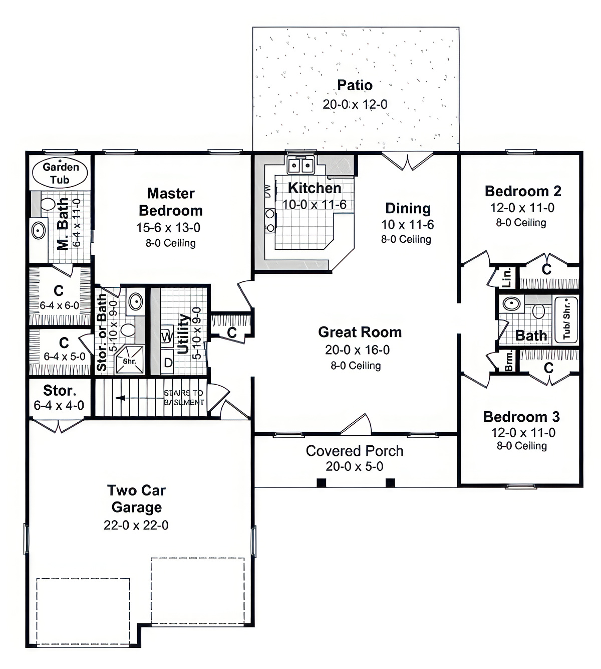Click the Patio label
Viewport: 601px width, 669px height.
[x=355, y=85]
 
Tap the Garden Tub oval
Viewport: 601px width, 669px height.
[x=60, y=173]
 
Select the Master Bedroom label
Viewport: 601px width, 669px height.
[x=171, y=202]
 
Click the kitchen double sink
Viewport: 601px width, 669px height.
[x=300, y=165]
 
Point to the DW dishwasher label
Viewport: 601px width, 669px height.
[x=268, y=191]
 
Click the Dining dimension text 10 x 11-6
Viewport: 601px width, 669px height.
[x=407, y=225]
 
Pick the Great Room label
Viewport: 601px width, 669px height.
[x=360, y=332]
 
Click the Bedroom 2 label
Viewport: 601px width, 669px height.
[x=522, y=191]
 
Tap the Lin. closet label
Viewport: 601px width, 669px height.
[x=507, y=277]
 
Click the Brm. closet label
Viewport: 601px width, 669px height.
[x=509, y=361]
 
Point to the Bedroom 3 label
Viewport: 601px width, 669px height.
[x=521, y=417]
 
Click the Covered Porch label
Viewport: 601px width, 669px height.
[x=355, y=451]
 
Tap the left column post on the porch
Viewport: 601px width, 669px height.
[x=322, y=482]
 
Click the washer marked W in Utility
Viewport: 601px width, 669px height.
[x=167, y=336]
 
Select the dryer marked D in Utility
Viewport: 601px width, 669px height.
[x=168, y=362]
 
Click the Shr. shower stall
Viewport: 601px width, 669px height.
[x=130, y=361]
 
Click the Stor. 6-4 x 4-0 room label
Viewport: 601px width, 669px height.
[x=59, y=391]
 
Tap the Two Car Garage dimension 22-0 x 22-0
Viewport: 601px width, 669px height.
[x=136, y=525]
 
